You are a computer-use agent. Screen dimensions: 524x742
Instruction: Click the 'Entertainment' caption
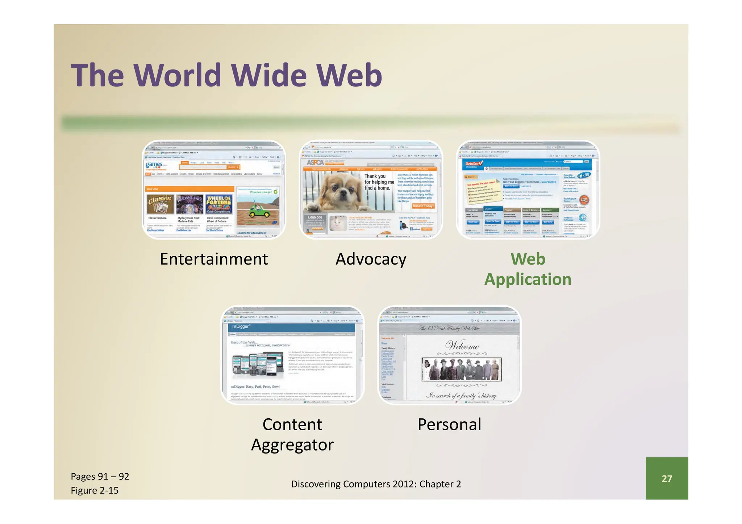214,259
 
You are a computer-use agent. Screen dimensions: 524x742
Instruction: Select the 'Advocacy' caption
371,259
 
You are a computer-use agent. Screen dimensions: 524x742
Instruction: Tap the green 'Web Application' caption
528,269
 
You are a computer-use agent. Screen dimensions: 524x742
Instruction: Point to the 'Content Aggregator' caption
292,434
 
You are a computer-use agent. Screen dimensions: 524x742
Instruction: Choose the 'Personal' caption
449,424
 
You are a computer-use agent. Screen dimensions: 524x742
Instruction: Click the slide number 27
667,478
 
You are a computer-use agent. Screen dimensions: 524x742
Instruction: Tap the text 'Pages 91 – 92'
100,476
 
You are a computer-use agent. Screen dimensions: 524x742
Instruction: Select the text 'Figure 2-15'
95,490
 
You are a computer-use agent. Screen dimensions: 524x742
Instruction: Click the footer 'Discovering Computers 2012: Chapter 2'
376,484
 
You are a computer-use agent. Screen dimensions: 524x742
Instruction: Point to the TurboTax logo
474,164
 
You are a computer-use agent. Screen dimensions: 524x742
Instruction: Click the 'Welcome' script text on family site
462,345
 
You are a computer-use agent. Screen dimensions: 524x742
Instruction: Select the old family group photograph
462,369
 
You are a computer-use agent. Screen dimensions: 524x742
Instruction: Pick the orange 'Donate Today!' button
423,206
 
